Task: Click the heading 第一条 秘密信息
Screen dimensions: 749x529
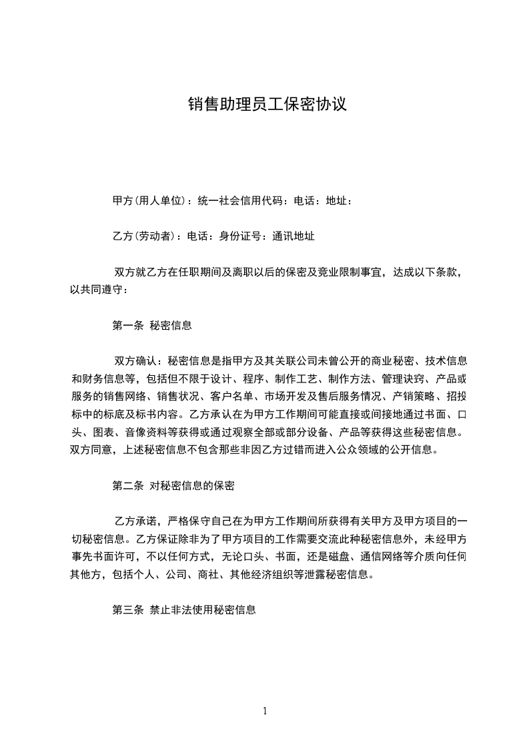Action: tap(152, 326)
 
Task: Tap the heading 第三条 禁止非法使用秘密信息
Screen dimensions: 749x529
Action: tap(185, 610)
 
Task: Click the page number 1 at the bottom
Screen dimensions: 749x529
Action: tap(265, 711)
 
